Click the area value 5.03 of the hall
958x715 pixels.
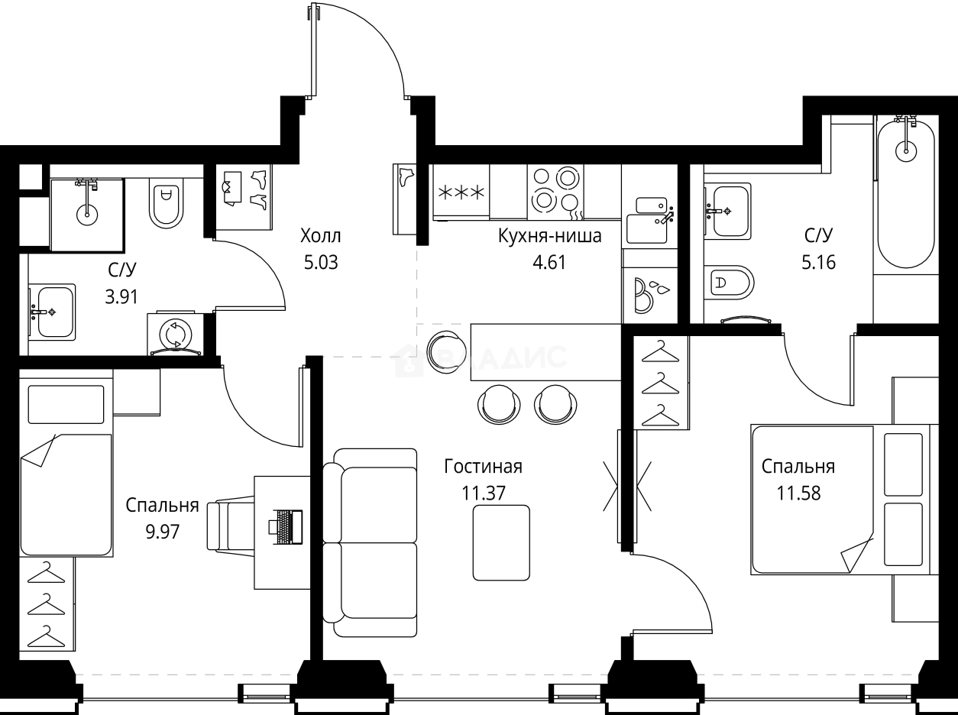point(320,264)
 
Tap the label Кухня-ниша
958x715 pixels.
point(549,236)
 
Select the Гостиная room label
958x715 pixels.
point(484,467)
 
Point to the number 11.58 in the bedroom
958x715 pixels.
point(798,493)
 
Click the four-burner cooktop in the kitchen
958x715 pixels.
point(555,191)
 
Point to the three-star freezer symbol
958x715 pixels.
point(460,192)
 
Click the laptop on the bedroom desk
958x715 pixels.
point(285,526)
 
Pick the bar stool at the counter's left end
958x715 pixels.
point(445,352)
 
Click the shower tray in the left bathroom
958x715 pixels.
point(86,215)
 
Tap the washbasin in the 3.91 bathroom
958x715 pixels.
point(52,312)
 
